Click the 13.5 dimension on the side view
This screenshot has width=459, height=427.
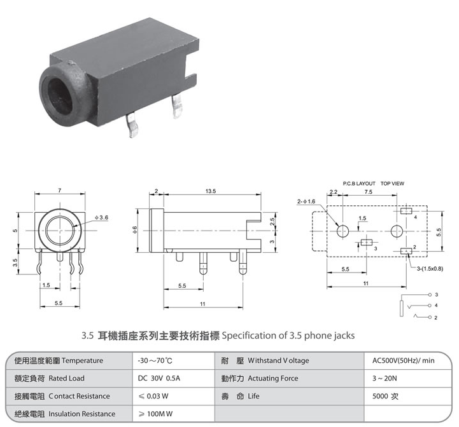[211, 191]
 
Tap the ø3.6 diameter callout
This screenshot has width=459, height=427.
[101, 217]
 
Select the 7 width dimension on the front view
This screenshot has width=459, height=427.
[60, 190]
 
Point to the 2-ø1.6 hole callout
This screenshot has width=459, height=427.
[306, 201]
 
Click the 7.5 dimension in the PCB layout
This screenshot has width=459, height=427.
[368, 192]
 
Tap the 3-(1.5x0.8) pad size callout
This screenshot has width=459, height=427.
[430, 269]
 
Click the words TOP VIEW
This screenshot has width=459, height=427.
[392, 184]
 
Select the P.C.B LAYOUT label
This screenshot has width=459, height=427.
[359, 184]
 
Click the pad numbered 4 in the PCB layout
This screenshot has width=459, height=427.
[406, 211]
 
